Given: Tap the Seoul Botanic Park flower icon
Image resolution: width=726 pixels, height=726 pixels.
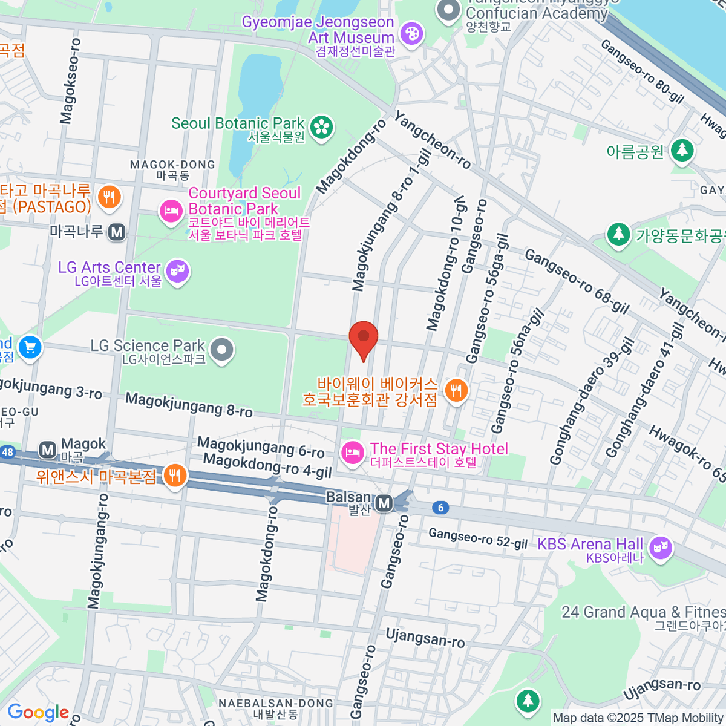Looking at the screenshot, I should point(322,127).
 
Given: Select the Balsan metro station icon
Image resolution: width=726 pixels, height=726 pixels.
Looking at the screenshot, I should point(384,503).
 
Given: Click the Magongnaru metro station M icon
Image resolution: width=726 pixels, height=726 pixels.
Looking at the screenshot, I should point(117,232).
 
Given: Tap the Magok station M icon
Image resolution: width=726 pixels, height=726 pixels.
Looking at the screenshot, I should point(47,450).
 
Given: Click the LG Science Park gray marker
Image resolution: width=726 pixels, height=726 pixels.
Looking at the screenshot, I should point(223,350).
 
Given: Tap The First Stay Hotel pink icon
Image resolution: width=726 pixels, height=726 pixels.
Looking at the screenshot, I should point(352,453).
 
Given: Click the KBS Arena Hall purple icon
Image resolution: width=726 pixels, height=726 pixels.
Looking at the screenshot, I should point(660,549).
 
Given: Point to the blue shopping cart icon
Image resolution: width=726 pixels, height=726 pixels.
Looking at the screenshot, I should point(30,348).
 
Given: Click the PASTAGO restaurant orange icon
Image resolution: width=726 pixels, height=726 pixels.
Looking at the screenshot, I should point(109,197).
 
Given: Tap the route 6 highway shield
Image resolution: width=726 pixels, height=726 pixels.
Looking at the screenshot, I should point(440,508).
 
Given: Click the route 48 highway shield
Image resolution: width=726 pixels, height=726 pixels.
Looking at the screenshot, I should point(7,452).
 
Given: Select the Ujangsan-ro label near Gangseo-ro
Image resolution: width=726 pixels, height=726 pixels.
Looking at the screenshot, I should point(425,638).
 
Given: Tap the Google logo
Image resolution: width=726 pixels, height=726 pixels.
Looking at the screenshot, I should point(38,712).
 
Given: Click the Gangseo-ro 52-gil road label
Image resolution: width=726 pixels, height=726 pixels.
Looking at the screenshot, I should point(478,538).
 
